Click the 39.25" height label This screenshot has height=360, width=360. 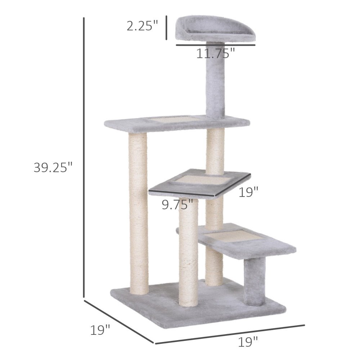pos(53,167)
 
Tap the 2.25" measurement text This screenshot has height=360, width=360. pos(142,26)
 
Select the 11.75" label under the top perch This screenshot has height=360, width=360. pos(215,53)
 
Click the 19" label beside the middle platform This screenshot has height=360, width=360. pos(249,192)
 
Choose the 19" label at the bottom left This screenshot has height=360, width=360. pos(100,330)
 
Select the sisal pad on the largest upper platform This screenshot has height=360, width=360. pos(175,118)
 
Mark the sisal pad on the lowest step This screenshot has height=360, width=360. pos(233,236)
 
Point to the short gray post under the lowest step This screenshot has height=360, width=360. pos(254,281)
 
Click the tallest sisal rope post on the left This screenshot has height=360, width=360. pos(139,212)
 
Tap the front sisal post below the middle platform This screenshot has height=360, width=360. pos(188,252)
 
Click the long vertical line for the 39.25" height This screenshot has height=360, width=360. pos(84,158)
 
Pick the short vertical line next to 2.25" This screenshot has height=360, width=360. pos(166,27)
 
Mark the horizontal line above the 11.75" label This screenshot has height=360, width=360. pos(215,45)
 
